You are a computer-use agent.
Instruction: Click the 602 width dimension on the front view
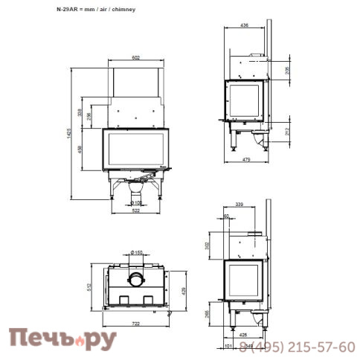(136, 57)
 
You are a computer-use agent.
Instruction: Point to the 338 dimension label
(81, 112)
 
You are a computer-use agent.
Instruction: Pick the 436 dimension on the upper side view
(245, 25)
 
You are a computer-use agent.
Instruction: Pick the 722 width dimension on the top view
(136, 324)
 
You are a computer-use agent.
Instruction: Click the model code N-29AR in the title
(66, 11)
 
